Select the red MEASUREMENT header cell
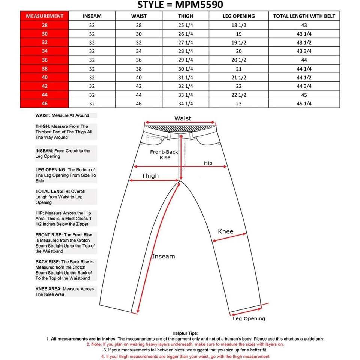point(45,16)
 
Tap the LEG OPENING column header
point(239,16)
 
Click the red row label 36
point(45,60)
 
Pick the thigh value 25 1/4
point(186,25)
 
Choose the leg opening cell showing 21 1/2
point(239,77)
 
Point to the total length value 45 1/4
point(304,103)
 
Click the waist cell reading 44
point(139,95)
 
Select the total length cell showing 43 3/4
point(304,51)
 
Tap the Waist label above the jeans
point(183,118)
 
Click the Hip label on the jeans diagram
point(208,163)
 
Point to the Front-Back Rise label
point(164,155)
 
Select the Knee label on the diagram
point(226,231)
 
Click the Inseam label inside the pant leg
point(163,256)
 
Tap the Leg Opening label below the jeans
point(249,319)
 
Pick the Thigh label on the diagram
point(150,176)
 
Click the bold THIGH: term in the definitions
point(43,127)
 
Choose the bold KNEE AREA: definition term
point(48,289)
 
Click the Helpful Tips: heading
point(185,333)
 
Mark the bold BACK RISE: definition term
point(48,262)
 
